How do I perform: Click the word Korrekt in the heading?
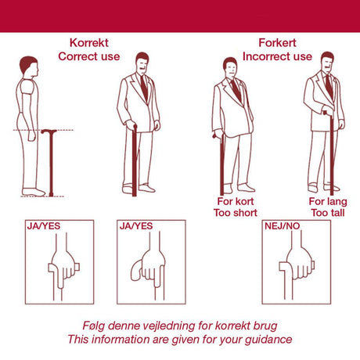(x=89, y=43)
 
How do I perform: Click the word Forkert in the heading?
(x=277, y=43)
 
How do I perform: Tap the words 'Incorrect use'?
(x=277, y=56)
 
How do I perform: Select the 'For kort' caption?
(x=236, y=201)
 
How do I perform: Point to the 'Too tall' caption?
(x=328, y=213)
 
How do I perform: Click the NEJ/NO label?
(x=283, y=226)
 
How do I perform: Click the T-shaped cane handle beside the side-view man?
(x=49, y=131)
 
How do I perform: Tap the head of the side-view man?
(x=29, y=67)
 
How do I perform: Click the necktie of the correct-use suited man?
(x=144, y=88)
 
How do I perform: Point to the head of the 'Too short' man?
(x=230, y=67)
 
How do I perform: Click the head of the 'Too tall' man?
(x=327, y=62)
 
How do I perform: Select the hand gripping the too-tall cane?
(x=328, y=111)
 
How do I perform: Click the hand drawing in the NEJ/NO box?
(x=300, y=264)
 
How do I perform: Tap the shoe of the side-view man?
(x=34, y=193)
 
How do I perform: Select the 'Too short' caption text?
(x=236, y=213)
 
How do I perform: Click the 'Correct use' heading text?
(x=89, y=56)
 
